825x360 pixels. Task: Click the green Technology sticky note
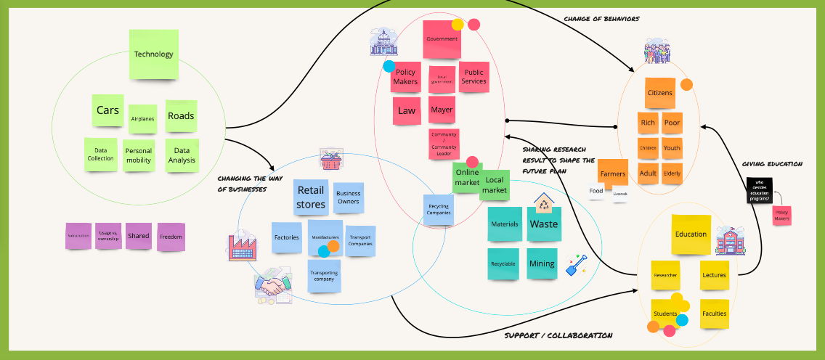[x=153, y=54]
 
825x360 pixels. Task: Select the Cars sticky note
[x=107, y=111]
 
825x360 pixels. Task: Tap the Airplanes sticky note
[x=142, y=118]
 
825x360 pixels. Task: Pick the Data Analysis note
[x=182, y=156]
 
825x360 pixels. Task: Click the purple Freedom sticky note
[x=171, y=237]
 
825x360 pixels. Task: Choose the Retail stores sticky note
[x=311, y=197]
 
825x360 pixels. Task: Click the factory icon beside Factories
[x=242, y=247]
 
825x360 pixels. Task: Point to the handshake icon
[x=273, y=287]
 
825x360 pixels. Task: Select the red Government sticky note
[x=442, y=39]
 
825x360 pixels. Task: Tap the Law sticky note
[x=407, y=110]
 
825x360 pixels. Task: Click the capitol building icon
[x=384, y=44]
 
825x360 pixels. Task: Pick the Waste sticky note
[x=543, y=224]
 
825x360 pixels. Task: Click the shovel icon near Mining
[x=576, y=265]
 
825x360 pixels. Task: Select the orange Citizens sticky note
[x=660, y=93]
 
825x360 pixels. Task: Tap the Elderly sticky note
[x=672, y=174]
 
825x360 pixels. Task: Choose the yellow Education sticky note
[x=691, y=234]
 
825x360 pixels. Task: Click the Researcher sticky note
[x=665, y=275]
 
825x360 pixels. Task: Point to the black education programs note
[x=759, y=190]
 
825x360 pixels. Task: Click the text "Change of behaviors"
[x=601, y=19]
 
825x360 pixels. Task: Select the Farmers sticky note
[x=613, y=173]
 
